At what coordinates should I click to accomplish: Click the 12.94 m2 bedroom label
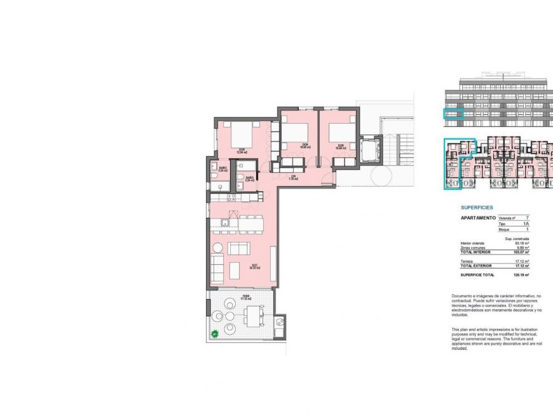coord(242,152)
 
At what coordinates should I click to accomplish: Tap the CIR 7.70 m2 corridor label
coord(293,178)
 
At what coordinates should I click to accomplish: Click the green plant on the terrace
coord(215,333)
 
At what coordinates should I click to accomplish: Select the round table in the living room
coord(217,247)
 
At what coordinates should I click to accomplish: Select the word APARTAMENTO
coord(477,218)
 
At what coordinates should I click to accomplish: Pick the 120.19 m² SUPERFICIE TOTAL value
coord(522,276)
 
